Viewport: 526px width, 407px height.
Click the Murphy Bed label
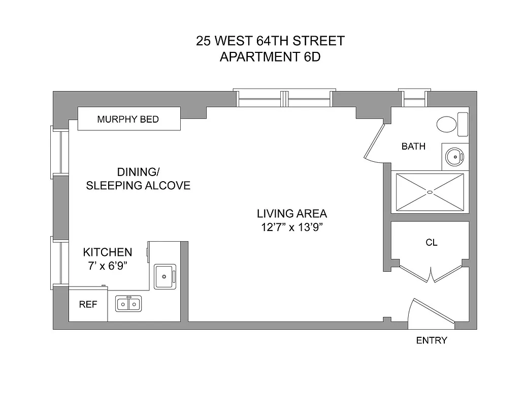[128, 120]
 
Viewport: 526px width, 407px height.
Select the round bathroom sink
[453, 156]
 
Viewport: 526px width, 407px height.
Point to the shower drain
[430, 192]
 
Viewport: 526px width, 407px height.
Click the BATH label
[413, 147]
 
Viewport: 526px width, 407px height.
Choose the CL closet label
[431, 243]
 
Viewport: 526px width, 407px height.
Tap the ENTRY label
[432, 340]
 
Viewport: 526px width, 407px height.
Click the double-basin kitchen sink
[128, 304]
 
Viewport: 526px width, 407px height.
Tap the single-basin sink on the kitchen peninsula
[165, 276]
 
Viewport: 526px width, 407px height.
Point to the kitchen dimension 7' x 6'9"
[107, 266]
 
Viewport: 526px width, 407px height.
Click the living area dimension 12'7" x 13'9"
[292, 227]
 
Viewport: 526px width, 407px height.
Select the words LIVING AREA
[291, 214]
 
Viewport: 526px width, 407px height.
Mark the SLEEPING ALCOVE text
[138, 186]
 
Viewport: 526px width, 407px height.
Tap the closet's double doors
[431, 274]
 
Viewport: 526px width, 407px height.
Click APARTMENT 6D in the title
[270, 56]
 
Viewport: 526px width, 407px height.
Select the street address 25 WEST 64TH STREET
[270, 41]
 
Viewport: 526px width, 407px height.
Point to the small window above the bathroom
[414, 97]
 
